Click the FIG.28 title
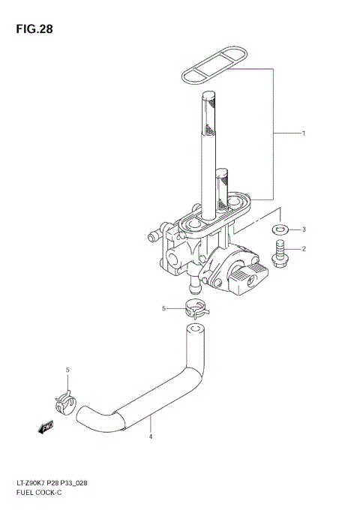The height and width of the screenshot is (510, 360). (34, 29)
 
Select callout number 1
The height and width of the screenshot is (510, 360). (304, 133)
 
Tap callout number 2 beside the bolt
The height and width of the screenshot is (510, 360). (304, 249)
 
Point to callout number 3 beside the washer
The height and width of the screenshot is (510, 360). (304, 229)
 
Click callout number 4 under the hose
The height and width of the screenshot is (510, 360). (151, 436)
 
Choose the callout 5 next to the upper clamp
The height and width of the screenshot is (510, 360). (164, 308)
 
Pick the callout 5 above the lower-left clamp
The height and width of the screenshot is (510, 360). (67, 370)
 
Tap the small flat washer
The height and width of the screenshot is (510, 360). (279, 230)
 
